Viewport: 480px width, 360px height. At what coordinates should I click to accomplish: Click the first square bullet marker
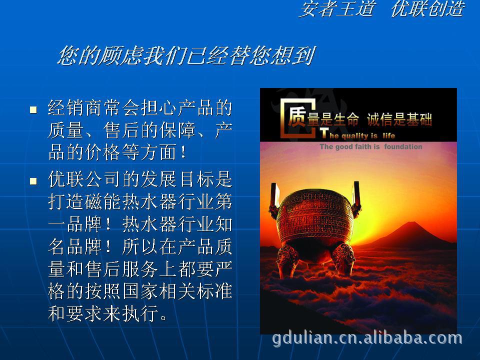[x=33, y=109]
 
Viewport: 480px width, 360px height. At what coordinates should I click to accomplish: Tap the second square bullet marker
[x=33, y=181]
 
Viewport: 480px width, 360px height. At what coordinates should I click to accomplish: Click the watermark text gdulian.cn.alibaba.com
[x=367, y=338]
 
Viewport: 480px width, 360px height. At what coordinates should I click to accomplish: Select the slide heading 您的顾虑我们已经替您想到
[x=186, y=55]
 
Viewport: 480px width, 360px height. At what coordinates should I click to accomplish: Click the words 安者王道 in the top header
[x=336, y=8]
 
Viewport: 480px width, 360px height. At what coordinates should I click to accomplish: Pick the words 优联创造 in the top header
[x=427, y=8]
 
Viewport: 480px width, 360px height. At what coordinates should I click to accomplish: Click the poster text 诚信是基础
[x=399, y=119]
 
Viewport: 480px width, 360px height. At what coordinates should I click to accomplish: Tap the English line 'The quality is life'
[x=357, y=134]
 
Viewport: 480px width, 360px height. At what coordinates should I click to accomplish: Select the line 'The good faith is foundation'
[x=370, y=146]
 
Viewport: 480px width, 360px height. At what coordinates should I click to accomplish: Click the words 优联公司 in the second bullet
[x=85, y=179]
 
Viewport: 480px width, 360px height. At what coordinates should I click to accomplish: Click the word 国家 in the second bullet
[x=140, y=291]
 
